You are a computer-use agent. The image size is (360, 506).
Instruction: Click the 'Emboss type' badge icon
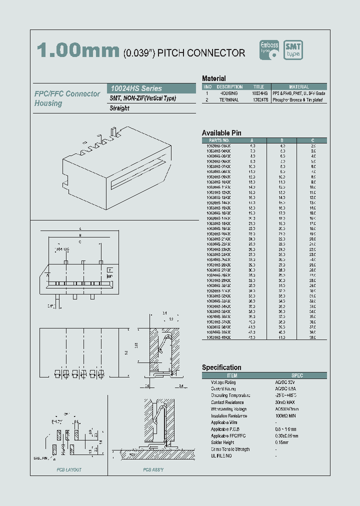coord(269,50)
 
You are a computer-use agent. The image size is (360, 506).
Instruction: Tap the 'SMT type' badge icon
coord(293,50)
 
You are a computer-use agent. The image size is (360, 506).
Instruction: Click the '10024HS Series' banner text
coord(136,88)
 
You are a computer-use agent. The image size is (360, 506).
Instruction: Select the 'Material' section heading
coord(213,78)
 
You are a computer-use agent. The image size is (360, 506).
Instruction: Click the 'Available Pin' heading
coord(221,132)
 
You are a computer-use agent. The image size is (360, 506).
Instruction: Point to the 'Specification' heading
coord(221,367)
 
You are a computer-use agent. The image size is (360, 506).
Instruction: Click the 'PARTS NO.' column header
coord(218,140)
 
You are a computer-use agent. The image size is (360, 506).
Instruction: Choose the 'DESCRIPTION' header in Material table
coord(229,87)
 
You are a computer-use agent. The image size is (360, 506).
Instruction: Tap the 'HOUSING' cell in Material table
coord(229,93)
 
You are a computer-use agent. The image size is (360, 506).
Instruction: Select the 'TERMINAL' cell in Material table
coord(229,100)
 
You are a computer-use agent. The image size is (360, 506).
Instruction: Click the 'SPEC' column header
coord(297,375)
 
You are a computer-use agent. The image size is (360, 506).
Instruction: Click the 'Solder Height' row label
coord(223,442)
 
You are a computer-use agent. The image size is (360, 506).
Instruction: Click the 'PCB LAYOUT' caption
coord(69,470)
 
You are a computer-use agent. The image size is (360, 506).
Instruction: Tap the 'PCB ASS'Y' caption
coord(153,470)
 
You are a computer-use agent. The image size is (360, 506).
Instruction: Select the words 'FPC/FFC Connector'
coord(67,94)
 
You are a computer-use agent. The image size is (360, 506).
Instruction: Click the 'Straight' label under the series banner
coord(119,108)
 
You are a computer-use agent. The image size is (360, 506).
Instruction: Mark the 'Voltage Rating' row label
coord(223,382)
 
